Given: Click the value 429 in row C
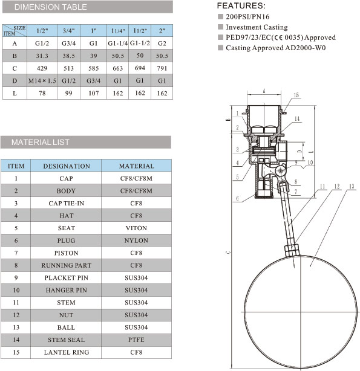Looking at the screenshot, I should click(42, 68).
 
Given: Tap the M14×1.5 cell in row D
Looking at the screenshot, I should click(42, 80).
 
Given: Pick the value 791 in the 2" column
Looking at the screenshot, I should click(162, 68).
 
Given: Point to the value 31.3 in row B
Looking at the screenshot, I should click(42, 56).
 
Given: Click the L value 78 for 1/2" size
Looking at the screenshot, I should click(42, 93).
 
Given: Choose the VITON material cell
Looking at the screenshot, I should click(136, 228).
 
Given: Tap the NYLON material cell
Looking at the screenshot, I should click(136, 240).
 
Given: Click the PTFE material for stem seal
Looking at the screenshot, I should click(136, 340).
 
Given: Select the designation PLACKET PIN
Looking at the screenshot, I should click(67, 278).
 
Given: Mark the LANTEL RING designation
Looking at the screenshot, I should click(67, 352).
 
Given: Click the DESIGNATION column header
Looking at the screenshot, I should click(67, 166).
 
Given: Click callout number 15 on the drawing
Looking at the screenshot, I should click(296, 95).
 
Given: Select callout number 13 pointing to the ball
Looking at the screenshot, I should click(351, 185).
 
